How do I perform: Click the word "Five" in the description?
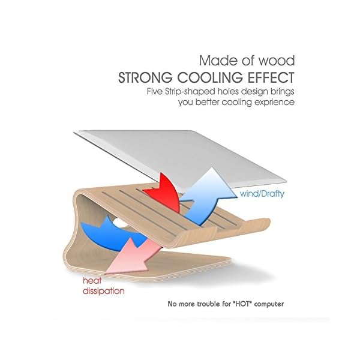point(158,92)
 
